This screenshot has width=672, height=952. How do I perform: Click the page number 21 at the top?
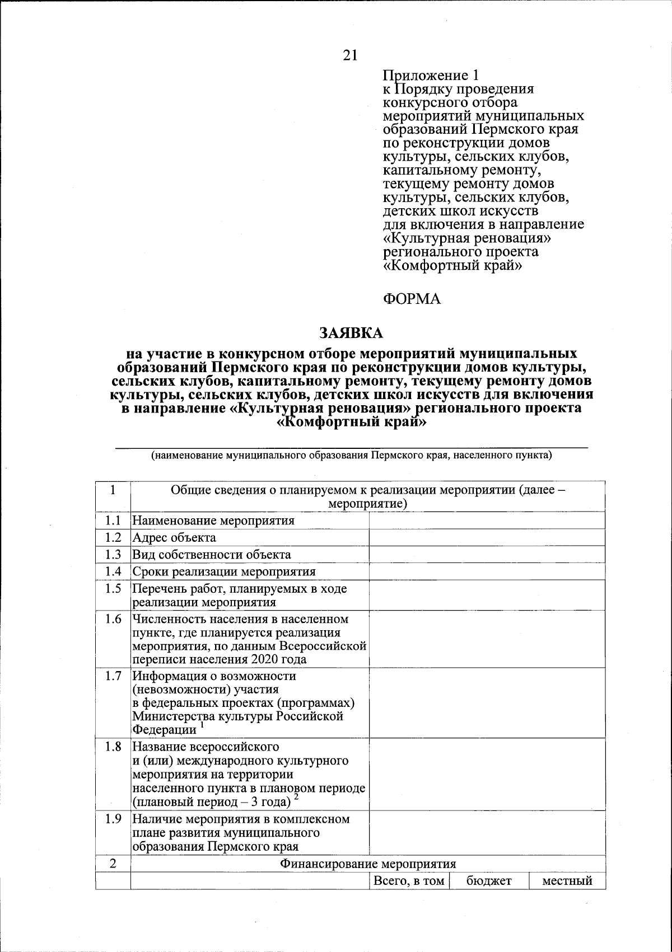pos(350,55)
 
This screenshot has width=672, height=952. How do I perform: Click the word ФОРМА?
pos(412,299)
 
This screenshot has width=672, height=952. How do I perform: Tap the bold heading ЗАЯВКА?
pos(351,333)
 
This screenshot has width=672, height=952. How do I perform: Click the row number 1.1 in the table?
pos(113,520)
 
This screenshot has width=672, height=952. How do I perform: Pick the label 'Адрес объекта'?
pos(174,538)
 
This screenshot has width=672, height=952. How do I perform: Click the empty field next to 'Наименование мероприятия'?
pos(487,520)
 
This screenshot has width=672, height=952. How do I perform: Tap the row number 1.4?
pos(113,571)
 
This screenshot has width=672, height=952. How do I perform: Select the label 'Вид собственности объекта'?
pos(212,555)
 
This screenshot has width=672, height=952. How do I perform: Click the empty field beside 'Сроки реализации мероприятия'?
pos(487,571)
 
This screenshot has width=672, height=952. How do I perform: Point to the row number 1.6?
pos(113,620)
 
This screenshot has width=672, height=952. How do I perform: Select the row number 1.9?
pos(113,819)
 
